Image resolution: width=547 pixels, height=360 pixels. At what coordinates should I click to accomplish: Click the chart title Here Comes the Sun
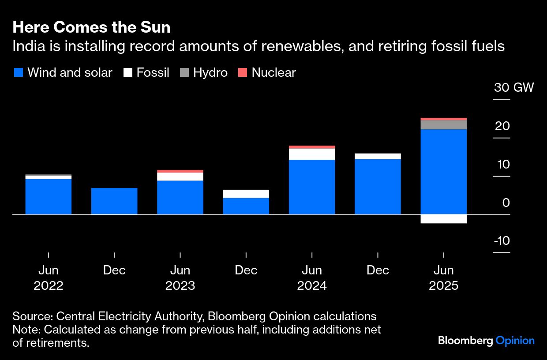(91, 27)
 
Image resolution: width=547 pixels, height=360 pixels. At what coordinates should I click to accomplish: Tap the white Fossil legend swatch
(127, 73)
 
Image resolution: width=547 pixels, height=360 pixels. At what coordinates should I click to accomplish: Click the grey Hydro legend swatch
(184, 73)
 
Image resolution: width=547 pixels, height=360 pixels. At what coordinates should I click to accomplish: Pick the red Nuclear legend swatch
(242, 73)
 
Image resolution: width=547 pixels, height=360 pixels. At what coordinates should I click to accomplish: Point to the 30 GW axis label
(513, 87)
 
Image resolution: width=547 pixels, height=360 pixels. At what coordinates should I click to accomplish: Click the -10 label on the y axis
(502, 241)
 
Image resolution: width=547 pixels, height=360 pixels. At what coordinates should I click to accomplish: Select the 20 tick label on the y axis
(502, 126)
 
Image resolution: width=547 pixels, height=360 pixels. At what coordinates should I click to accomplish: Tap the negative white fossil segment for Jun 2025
(443, 219)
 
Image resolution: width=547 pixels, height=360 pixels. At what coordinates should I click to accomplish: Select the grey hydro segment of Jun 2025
(443, 124)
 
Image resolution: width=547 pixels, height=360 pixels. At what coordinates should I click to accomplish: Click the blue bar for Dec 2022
(114, 201)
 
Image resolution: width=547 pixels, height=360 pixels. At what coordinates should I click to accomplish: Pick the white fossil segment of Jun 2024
(312, 154)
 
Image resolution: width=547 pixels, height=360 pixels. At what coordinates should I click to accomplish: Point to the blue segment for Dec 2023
(246, 206)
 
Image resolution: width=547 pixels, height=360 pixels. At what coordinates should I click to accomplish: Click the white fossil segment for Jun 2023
(180, 176)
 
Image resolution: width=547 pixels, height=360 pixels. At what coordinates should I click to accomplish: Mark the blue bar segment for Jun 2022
(49, 196)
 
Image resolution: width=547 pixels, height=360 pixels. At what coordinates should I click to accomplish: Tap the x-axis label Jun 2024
(312, 278)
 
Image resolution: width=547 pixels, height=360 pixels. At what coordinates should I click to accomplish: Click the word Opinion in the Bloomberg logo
(515, 341)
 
